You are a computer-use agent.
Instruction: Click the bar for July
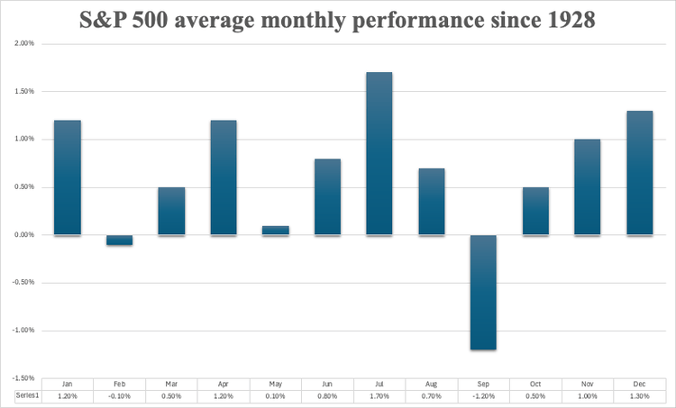(379, 153)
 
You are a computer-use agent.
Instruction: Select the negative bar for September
(483, 292)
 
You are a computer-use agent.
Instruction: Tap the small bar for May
(275, 231)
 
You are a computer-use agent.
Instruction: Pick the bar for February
(119, 240)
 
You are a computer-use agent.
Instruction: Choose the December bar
(639, 173)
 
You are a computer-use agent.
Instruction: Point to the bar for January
(67, 177)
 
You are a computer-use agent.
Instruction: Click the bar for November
(587, 187)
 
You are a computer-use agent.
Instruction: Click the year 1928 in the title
(565, 19)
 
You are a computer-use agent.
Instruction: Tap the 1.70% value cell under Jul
(379, 396)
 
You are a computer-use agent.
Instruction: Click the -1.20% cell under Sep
(483, 396)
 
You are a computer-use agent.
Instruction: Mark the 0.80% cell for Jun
(327, 396)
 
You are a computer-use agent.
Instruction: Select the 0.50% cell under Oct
(534, 396)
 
